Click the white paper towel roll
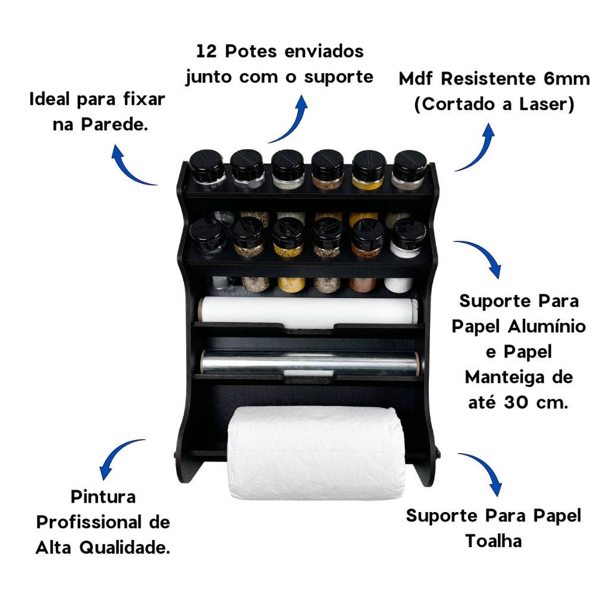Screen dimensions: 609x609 [x=315, y=453]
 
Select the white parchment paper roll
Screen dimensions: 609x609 [x=309, y=310]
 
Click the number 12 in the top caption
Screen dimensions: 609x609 [x=206, y=51]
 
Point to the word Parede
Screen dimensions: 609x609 [x=115, y=125]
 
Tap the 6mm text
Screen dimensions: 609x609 [x=567, y=79]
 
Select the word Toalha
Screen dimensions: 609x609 [x=493, y=541]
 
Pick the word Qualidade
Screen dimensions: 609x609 [x=125, y=548]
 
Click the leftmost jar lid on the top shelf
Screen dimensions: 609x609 [x=206, y=162]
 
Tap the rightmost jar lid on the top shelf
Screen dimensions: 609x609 [x=410, y=163]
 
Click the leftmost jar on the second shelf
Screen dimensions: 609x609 [x=207, y=237]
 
